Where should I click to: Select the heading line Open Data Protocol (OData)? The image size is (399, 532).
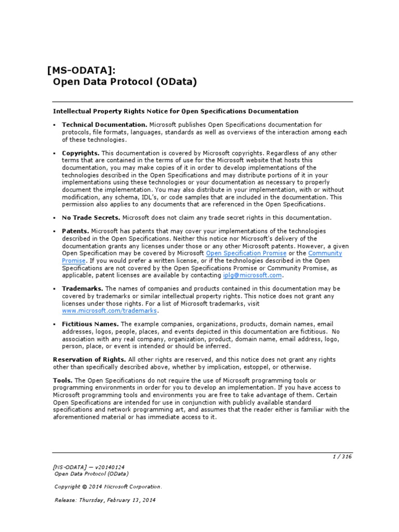pyautogui.click(x=125, y=82)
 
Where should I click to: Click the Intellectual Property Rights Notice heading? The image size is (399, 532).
pyautogui.click(x=176, y=111)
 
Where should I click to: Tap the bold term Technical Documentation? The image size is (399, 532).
pyautogui.click(x=104, y=125)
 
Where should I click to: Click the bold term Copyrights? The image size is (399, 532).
pyautogui.click(x=81, y=153)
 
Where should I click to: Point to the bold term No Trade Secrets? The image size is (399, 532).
pyautogui.click(x=91, y=218)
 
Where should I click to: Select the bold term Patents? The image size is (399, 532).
pyautogui.click(x=75, y=231)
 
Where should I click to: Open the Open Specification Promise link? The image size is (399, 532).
pyautogui.click(x=246, y=253)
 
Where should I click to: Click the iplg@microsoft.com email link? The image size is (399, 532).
pyautogui.click(x=252, y=275)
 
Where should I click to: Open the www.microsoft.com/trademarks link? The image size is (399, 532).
pyautogui.click(x=109, y=311)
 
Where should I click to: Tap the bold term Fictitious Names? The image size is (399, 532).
pyautogui.click(x=90, y=324)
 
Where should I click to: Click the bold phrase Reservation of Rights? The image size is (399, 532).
pyautogui.click(x=89, y=360)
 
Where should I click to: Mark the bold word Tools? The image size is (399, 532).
pyautogui.click(x=63, y=380)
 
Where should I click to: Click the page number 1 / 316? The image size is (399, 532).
pyautogui.click(x=342, y=457)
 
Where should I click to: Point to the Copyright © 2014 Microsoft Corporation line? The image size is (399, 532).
pyautogui.click(x=108, y=487)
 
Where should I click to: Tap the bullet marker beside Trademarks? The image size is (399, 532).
pyautogui.click(x=55, y=289)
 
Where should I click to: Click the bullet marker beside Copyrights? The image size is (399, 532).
pyautogui.click(x=55, y=154)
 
